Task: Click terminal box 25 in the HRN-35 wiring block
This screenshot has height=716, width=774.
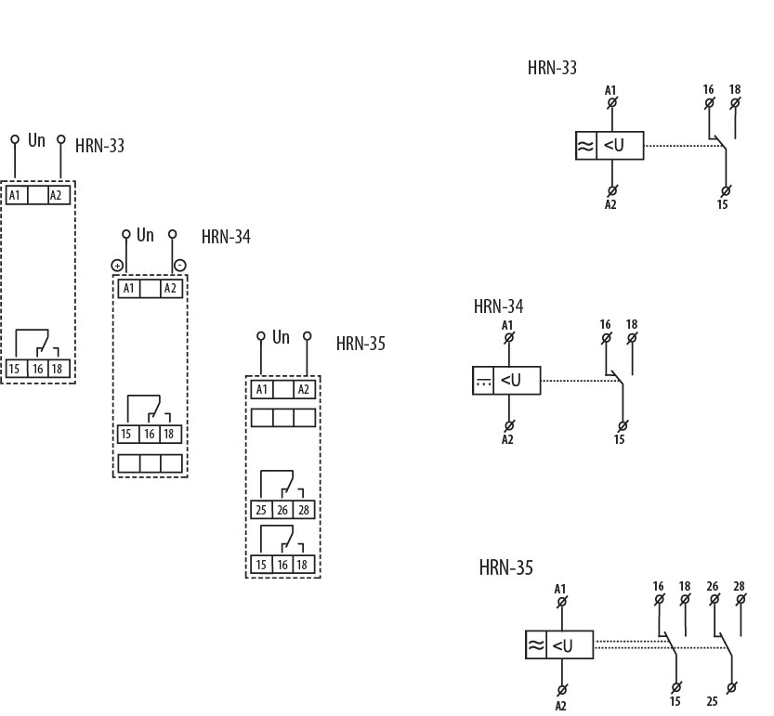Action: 261,509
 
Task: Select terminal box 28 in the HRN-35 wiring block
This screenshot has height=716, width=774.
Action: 304,509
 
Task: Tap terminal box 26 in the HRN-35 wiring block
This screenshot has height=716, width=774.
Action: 282,509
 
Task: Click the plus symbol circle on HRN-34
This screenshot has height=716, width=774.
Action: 117,265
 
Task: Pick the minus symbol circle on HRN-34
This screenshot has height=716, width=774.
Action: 180,265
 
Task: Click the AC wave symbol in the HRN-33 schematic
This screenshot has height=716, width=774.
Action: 585,146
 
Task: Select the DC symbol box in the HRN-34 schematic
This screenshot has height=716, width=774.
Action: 482,380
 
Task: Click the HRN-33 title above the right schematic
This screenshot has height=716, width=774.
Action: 552,68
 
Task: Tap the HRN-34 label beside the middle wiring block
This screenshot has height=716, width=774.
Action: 226,237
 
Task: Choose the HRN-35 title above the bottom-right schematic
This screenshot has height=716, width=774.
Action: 506,567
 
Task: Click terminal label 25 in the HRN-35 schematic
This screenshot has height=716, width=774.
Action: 712,702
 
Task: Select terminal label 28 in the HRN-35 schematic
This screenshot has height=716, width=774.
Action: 740,586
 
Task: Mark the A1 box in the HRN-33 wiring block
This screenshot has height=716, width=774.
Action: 15,195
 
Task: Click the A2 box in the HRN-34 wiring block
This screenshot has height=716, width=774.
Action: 170,288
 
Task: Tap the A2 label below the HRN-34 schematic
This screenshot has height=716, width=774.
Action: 507,439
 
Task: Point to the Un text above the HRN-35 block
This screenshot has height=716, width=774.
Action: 282,337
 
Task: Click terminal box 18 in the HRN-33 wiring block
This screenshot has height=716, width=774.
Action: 59,368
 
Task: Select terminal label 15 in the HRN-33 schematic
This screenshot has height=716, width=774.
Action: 722,204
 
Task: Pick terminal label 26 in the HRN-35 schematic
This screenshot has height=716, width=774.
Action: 713,586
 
